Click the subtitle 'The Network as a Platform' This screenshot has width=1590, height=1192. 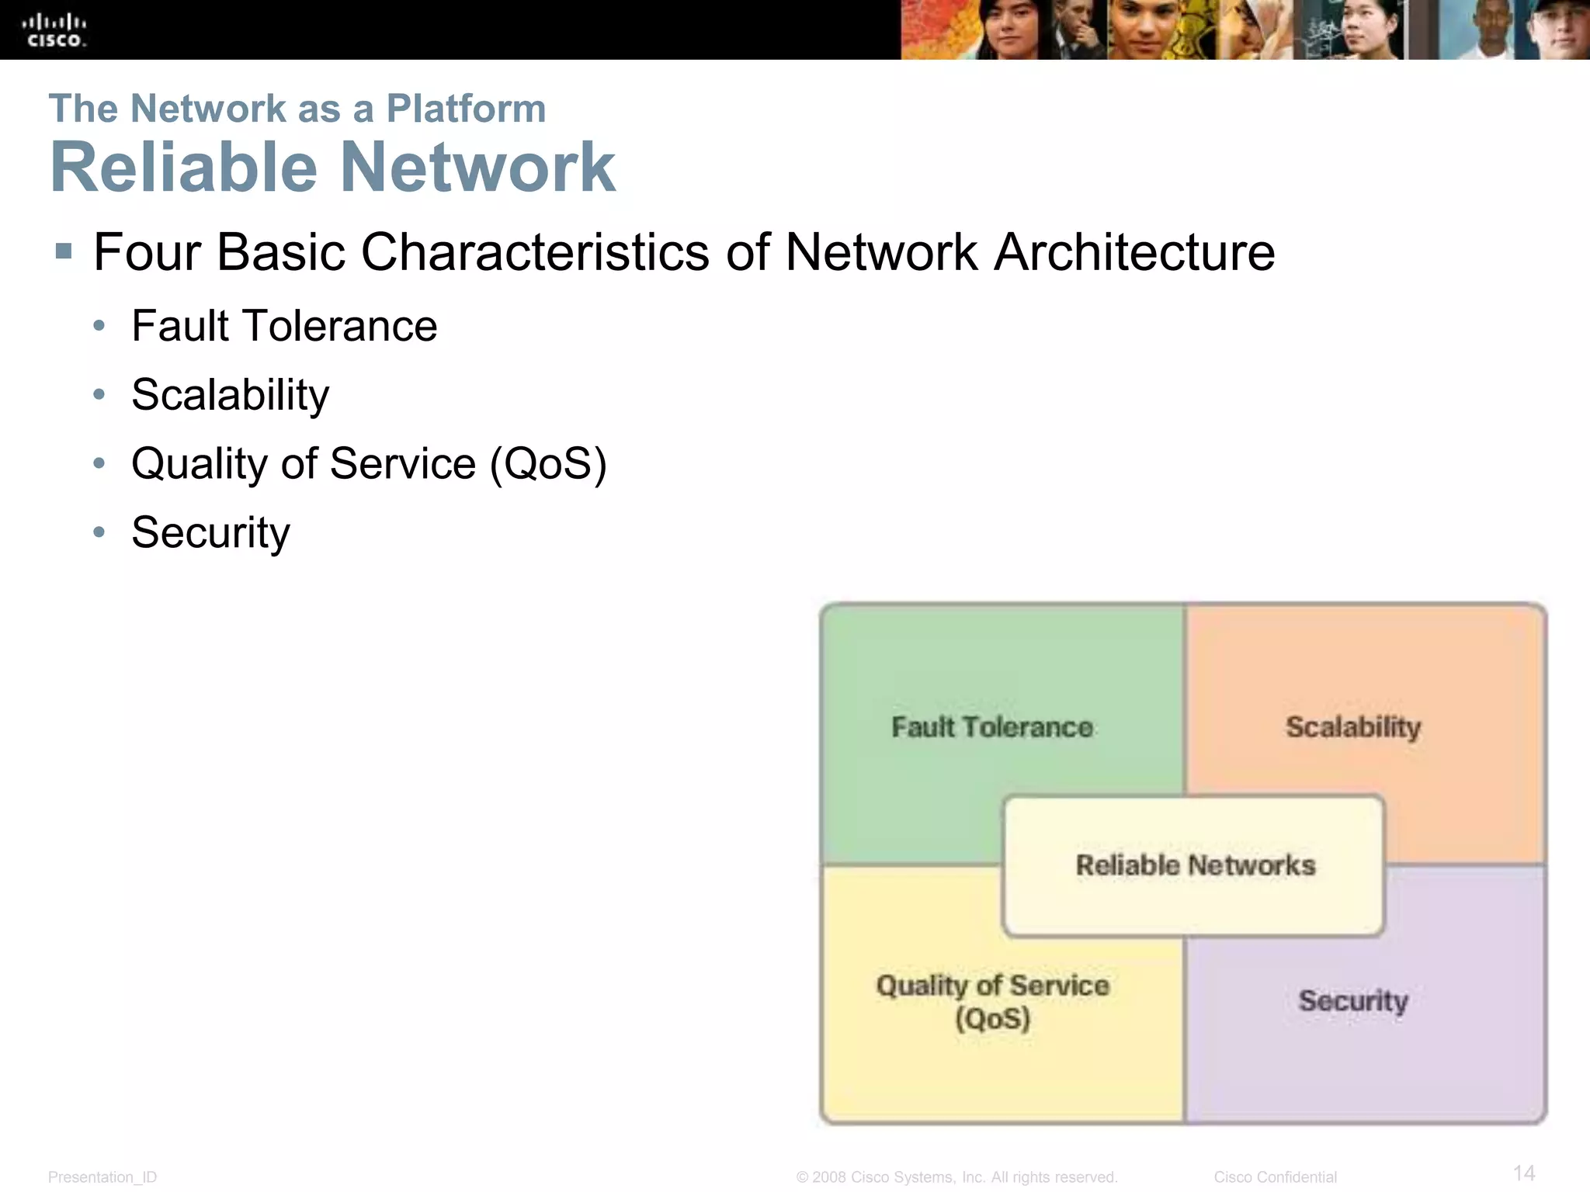pyautogui.click(x=297, y=109)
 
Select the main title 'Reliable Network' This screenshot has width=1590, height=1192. pyautogui.click(x=332, y=168)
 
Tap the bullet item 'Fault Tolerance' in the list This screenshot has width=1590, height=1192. pyautogui.click(x=284, y=326)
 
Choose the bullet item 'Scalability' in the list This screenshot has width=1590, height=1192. pyautogui.click(x=230, y=395)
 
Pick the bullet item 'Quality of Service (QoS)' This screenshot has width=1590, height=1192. pyautogui.click(x=369, y=464)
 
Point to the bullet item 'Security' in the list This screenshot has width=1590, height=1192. pyautogui.click(x=210, y=533)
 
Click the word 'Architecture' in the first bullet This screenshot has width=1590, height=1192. pyautogui.click(x=1134, y=253)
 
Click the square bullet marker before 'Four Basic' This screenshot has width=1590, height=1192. pyautogui.click(x=64, y=251)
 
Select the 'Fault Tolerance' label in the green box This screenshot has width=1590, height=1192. pyautogui.click(x=992, y=728)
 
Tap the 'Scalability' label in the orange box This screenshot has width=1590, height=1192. pyautogui.click(x=1353, y=728)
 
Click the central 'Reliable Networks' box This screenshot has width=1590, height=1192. pyautogui.click(x=1195, y=865)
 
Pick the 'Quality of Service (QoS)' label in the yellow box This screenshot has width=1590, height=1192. pyautogui.click(x=992, y=1002)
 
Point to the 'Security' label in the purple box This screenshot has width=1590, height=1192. pyautogui.click(x=1353, y=1001)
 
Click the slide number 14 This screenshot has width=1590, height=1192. pyautogui.click(x=1524, y=1173)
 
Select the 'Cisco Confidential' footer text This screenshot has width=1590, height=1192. pyautogui.click(x=1275, y=1177)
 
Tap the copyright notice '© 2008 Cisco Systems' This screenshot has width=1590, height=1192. pyautogui.click(x=956, y=1177)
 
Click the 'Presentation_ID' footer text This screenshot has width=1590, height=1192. pyautogui.click(x=102, y=1177)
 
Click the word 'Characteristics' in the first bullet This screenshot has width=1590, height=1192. pyautogui.click(x=535, y=253)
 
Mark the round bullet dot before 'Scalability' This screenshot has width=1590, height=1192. pyautogui.click(x=99, y=395)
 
